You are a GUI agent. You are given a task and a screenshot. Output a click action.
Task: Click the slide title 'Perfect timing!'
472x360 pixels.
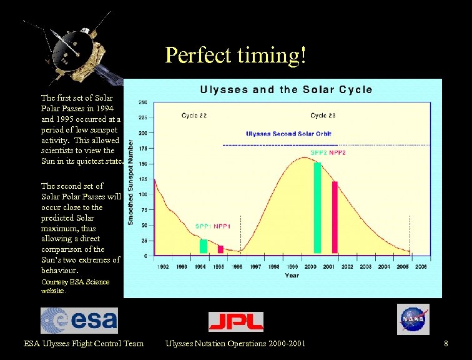click(236, 56)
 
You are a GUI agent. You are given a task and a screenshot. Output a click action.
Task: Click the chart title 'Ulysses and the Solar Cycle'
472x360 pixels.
click(286, 89)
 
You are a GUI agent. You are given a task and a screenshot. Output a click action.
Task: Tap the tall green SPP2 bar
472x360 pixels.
click(317, 207)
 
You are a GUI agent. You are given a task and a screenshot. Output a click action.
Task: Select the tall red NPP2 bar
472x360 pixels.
click(335, 217)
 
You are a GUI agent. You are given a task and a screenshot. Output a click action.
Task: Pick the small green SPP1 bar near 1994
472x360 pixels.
click(203, 246)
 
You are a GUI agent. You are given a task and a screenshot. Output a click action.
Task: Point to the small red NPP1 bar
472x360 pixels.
click(220, 249)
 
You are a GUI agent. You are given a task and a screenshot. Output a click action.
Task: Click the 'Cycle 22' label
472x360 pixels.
click(194, 116)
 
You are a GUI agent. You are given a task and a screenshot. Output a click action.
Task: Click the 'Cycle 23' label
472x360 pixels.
click(323, 116)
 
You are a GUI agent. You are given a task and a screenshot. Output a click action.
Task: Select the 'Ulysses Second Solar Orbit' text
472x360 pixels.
click(288, 134)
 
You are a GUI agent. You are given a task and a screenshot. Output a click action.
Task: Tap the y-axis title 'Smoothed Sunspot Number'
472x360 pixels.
click(131, 182)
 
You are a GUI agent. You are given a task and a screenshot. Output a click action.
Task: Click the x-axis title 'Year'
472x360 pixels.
click(292, 275)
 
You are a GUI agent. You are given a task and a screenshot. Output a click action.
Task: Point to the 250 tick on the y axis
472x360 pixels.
click(143, 102)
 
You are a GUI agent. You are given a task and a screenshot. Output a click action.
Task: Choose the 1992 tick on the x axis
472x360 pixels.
click(163, 267)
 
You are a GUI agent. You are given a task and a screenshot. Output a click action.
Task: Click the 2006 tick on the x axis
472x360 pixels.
click(421, 267)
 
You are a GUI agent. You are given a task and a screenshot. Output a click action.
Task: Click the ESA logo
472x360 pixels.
click(79, 320)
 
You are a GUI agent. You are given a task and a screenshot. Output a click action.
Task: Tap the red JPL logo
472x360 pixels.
click(235, 321)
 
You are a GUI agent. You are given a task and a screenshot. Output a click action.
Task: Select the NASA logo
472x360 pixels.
click(413, 319)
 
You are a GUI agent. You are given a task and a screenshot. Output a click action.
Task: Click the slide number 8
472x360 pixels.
click(446, 344)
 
